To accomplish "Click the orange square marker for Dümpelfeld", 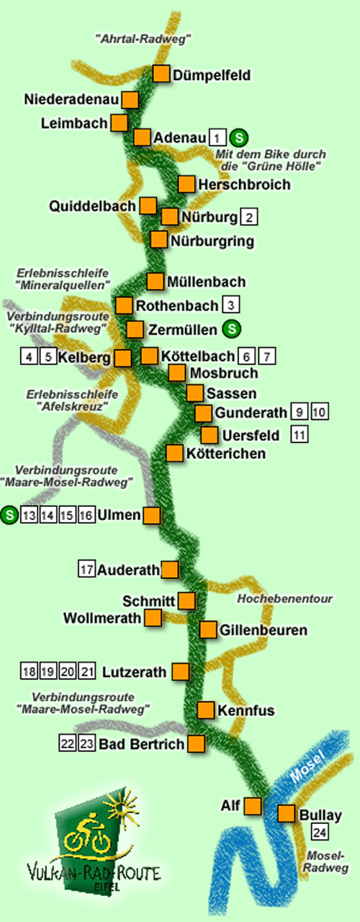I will (161, 73).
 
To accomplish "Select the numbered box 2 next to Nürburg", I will (249, 216).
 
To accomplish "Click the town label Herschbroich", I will (244, 184).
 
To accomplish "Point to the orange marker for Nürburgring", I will (160, 239).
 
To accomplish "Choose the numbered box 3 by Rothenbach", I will (231, 305).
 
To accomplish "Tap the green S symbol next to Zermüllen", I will (231, 329).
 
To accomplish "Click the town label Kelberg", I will (85, 357).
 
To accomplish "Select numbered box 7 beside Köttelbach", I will (267, 355).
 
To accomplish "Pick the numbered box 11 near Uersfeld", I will (300, 434).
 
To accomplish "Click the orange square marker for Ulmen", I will (152, 515).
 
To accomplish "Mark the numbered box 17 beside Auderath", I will (87, 570).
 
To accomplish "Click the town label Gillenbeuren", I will (264, 630).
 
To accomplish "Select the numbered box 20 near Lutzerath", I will (68, 672).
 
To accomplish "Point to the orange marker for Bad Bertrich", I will (196, 743).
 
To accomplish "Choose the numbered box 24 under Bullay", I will (320, 833).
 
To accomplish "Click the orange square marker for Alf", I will (253, 805).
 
